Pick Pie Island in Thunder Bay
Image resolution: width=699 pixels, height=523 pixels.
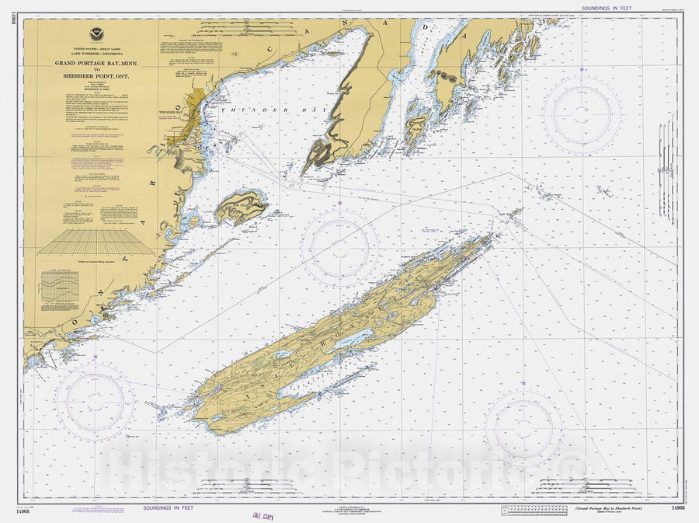(242, 207)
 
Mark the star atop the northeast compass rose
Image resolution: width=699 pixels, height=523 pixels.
(581, 70)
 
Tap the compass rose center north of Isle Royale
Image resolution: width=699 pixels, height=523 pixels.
(339, 248)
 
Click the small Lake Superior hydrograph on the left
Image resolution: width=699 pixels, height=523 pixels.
(61, 288)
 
